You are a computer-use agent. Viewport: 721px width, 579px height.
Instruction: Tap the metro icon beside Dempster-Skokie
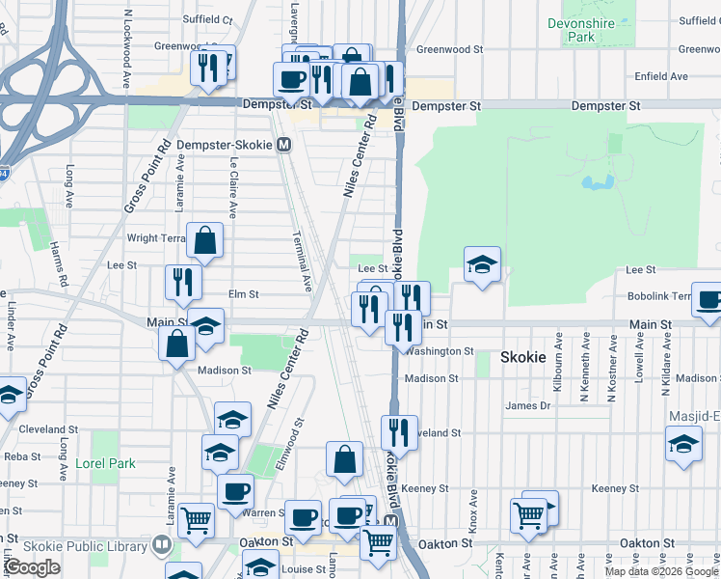pos(284,145)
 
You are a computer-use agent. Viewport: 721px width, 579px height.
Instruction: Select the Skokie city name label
pos(523,357)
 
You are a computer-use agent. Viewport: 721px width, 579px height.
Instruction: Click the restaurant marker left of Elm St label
pos(182,282)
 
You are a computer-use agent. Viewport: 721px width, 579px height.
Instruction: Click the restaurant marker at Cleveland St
pos(398,430)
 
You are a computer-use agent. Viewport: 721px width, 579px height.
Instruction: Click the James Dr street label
pos(527,406)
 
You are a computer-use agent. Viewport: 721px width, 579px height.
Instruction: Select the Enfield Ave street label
pos(660,76)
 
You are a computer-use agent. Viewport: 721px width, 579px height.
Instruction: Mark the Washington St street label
pos(440,352)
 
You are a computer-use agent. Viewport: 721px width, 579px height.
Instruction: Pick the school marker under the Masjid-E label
pos(683,443)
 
